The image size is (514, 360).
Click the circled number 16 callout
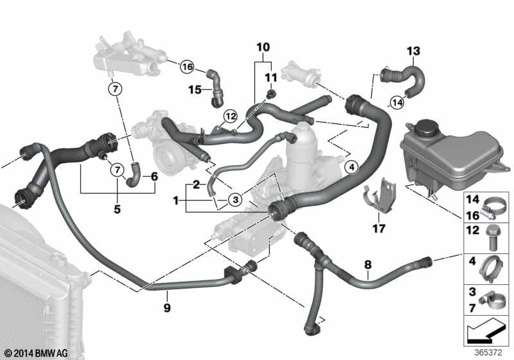click(x=187, y=67)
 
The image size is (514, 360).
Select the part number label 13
click(x=413, y=51)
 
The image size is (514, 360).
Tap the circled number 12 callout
click(x=230, y=116)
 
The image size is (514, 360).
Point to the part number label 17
click(x=378, y=228)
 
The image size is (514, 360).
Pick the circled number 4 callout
click(x=351, y=167)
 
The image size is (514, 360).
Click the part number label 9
click(x=167, y=307)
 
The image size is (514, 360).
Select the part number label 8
click(x=368, y=264)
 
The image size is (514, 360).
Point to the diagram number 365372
click(x=488, y=352)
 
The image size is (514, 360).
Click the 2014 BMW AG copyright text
click(x=36, y=353)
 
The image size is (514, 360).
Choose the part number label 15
click(x=195, y=89)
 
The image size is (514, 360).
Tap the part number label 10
click(x=263, y=47)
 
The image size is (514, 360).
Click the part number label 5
click(x=118, y=209)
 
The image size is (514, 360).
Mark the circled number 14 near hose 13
click(x=397, y=103)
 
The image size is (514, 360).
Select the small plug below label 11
click(x=270, y=94)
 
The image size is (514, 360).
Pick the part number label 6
click(x=154, y=177)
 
